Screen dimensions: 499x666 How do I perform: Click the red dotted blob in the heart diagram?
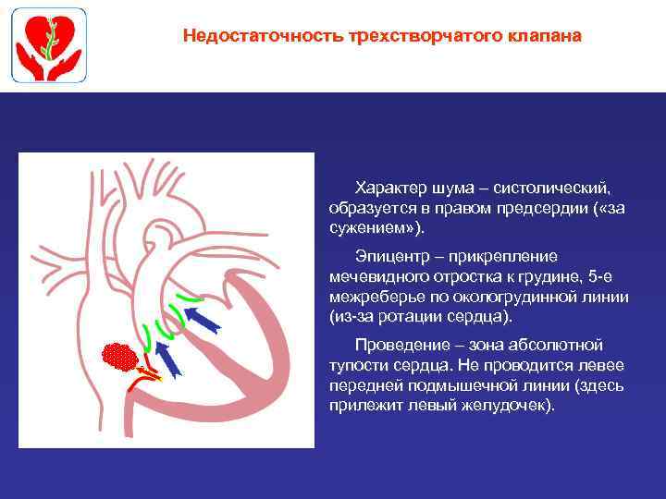tap(119, 356)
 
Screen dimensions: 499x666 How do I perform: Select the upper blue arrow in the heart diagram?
tap(203, 320)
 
